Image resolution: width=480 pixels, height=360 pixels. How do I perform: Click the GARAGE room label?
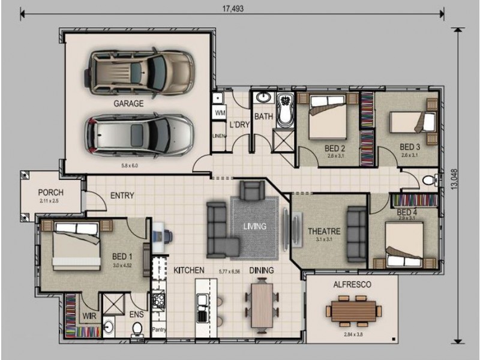pyautogui.click(x=129, y=103)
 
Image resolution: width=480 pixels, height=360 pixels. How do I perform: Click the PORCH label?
pyautogui.click(x=50, y=193)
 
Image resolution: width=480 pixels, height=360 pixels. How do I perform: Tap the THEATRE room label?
pyautogui.click(x=324, y=231)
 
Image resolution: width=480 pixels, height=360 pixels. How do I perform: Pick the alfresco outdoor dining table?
pyautogui.click(x=354, y=311)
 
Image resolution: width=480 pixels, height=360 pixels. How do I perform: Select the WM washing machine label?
pyautogui.click(x=220, y=112)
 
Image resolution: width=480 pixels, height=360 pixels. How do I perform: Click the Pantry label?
pyautogui.click(x=159, y=329)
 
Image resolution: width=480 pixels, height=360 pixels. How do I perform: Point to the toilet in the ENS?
pyautogui.click(x=137, y=328)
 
